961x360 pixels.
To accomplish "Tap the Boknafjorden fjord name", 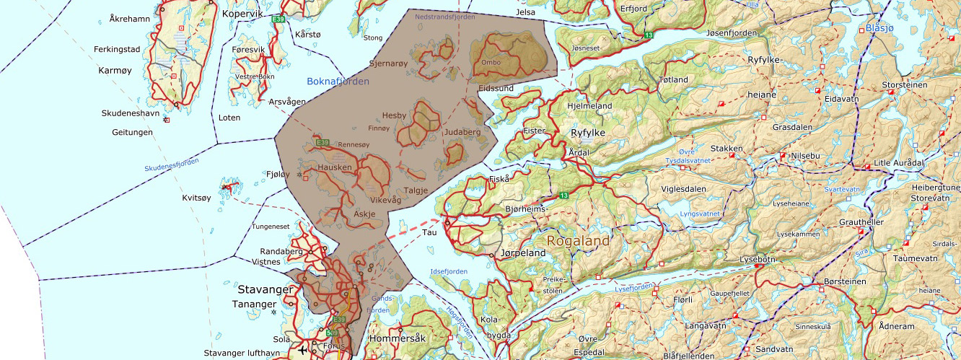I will [x=338, y=82].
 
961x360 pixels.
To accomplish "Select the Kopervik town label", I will [x=243, y=14].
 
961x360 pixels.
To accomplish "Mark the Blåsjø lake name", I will [x=879, y=29].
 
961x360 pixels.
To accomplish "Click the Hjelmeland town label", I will [x=589, y=106].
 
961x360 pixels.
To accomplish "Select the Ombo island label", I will [x=491, y=63].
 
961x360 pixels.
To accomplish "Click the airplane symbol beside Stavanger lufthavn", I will [x=302, y=350].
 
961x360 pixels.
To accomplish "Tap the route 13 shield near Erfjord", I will [x=649, y=35].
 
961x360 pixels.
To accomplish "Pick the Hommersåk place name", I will [x=398, y=338].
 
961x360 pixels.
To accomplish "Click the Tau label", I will [x=430, y=232].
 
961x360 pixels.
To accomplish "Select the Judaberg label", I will [x=462, y=132].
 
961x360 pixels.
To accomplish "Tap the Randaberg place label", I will [x=279, y=252].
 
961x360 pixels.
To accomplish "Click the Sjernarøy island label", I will [x=388, y=63].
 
